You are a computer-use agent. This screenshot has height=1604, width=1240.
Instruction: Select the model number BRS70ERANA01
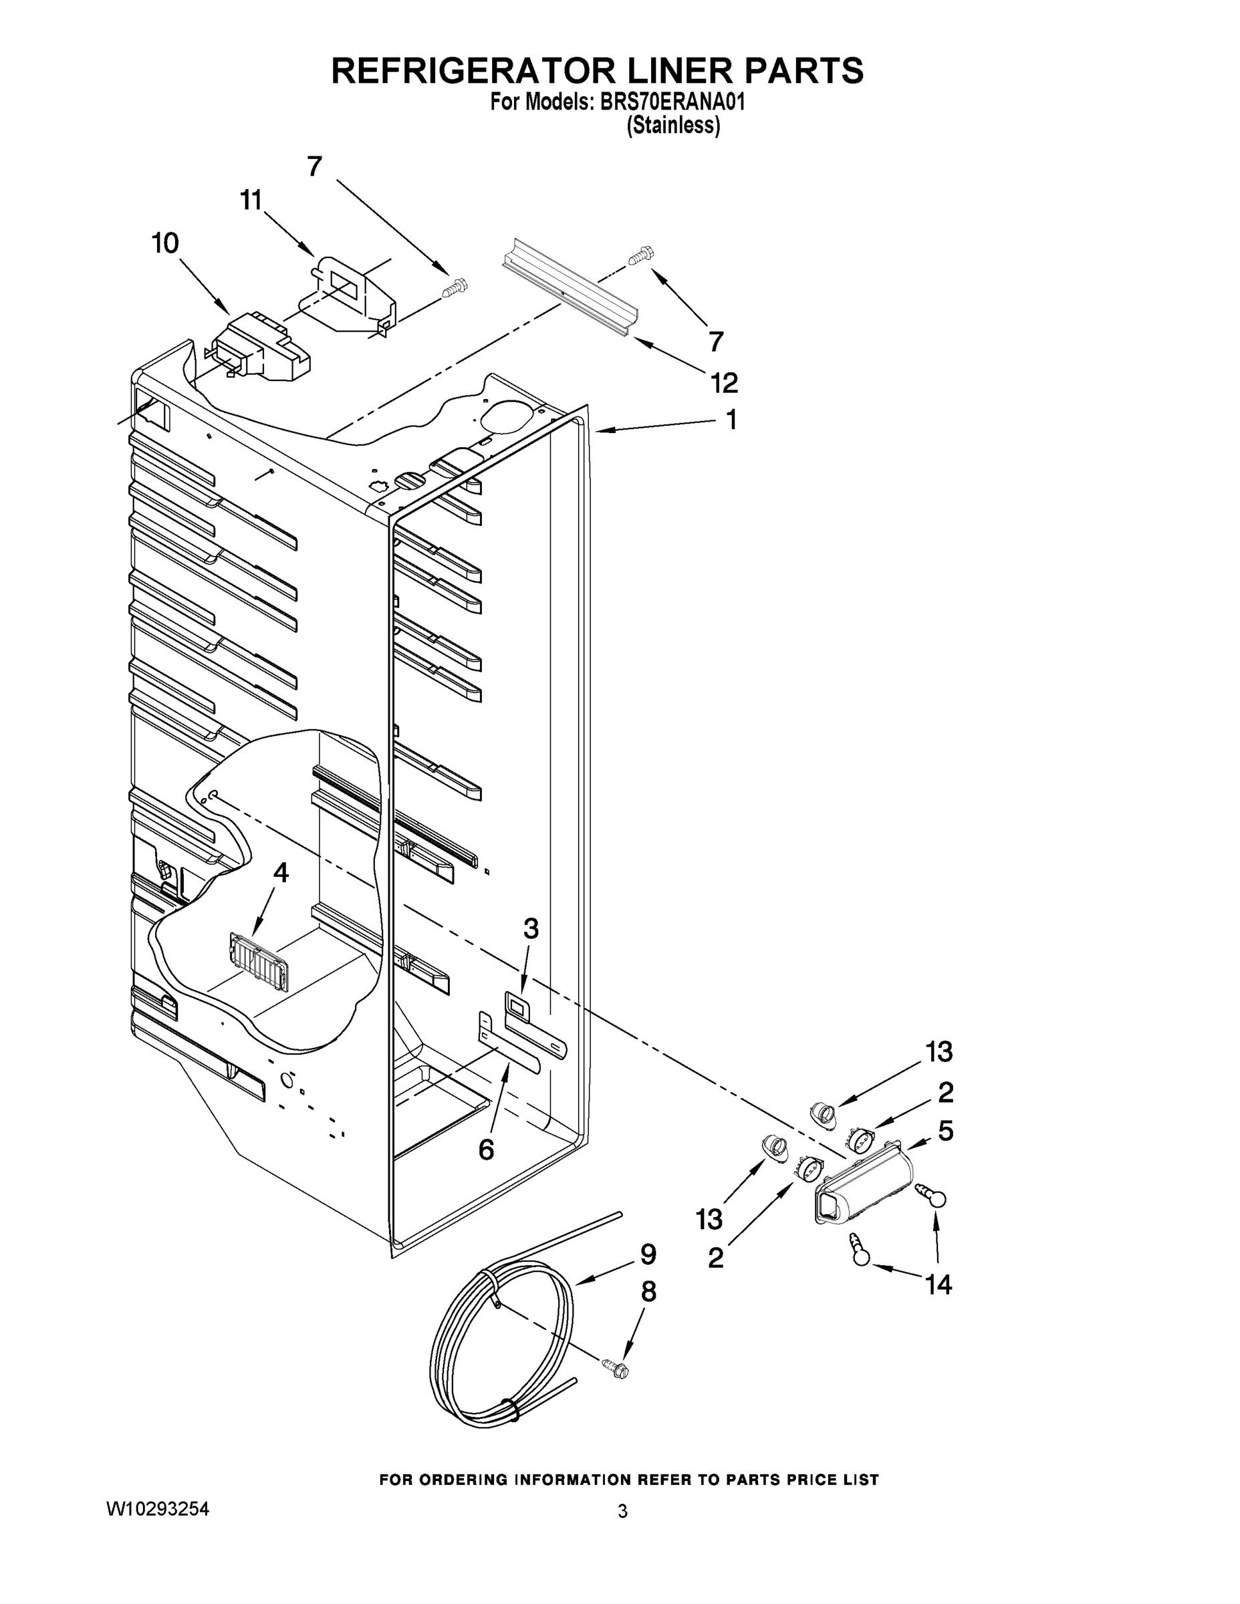coord(672,102)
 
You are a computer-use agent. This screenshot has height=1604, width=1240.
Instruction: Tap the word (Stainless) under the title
coord(673,126)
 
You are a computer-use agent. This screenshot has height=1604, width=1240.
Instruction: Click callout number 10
coord(165,243)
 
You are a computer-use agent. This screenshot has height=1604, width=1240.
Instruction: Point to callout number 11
coord(251,200)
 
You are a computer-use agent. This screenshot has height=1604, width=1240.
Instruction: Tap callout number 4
coord(281,872)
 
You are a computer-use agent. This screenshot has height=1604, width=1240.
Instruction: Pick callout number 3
coord(530,929)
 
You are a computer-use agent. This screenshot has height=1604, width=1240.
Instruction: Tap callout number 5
coord(945,1131)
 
